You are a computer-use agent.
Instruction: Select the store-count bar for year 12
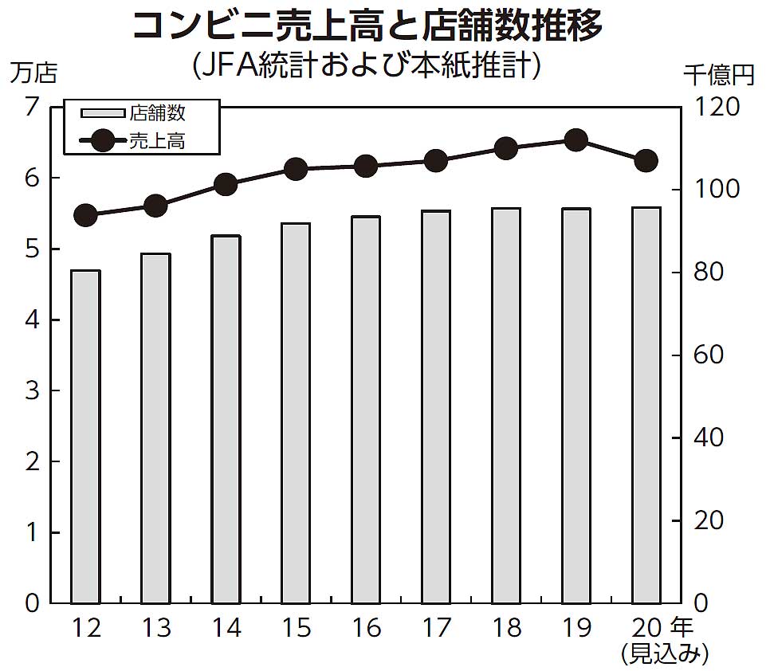[85, 437]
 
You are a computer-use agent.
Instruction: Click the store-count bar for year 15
[296, 413]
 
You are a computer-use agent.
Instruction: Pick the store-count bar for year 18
[506, 406]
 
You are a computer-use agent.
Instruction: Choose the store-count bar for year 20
[646, 405]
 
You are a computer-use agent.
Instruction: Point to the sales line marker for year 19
[576, 140]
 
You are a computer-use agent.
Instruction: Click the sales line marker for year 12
[85, 215]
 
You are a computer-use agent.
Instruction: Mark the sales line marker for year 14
[226, 184]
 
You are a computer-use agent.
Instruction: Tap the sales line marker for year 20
[646, 161]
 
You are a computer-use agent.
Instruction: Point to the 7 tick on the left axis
[32, 107]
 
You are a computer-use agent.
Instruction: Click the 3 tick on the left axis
[32, 390]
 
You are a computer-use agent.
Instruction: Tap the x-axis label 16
[366, 630]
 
